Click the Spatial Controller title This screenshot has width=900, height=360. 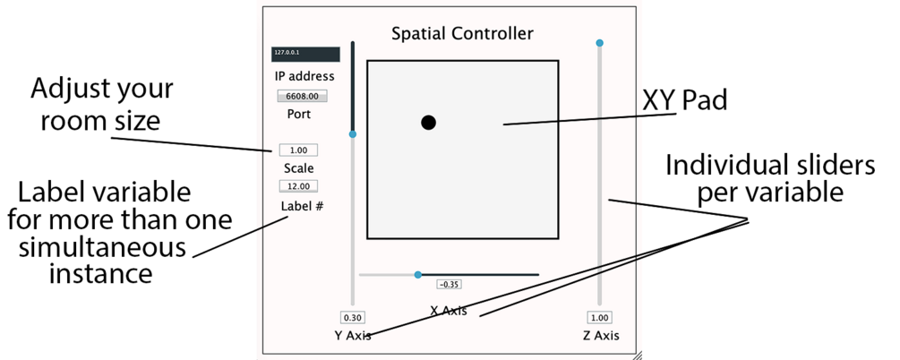pyautogui.click(x=462, y=34)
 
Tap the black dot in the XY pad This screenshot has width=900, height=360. pyautogui.click(x=429, y=123)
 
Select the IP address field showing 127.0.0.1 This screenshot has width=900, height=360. pyautogui.click(x=305, y=54)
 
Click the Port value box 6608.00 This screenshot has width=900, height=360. pyautogui.click(x=303, y=96)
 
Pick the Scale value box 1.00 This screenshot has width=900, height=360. pyautogui.click(x=298, y=150)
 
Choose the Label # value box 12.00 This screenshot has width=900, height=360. pyautogui.click(x=298, y=186)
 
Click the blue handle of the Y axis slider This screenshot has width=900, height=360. pyautogui.click(x=353, y=134)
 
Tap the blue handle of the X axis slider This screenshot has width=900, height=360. pyautogui.click(x=418, y=274)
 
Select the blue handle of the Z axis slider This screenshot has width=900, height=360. pyautogui.click(x=600, y=43)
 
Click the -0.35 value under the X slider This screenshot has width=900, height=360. pyautogui.click(x=449, y=284)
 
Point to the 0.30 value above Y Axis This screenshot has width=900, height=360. pyautogui.click(x=353, y=317)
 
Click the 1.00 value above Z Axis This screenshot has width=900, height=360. pyautogui.click(x=599, y=317)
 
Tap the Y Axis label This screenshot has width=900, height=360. pyautogui.click(x=353, y=336)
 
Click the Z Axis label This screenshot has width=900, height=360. pyautogui.click(x=600, y=336)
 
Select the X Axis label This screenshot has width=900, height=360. pyautogui.click(x=449, y=311)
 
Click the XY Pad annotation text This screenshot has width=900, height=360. pyautogui.click(x=685, y=100)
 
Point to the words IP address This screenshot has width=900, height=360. pyautogui.click(x=304, y=76)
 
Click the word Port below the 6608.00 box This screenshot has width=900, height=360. pyautogui.click(x=299, y=115)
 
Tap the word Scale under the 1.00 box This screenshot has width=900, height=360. pyautogui.click(x=299, y=167)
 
